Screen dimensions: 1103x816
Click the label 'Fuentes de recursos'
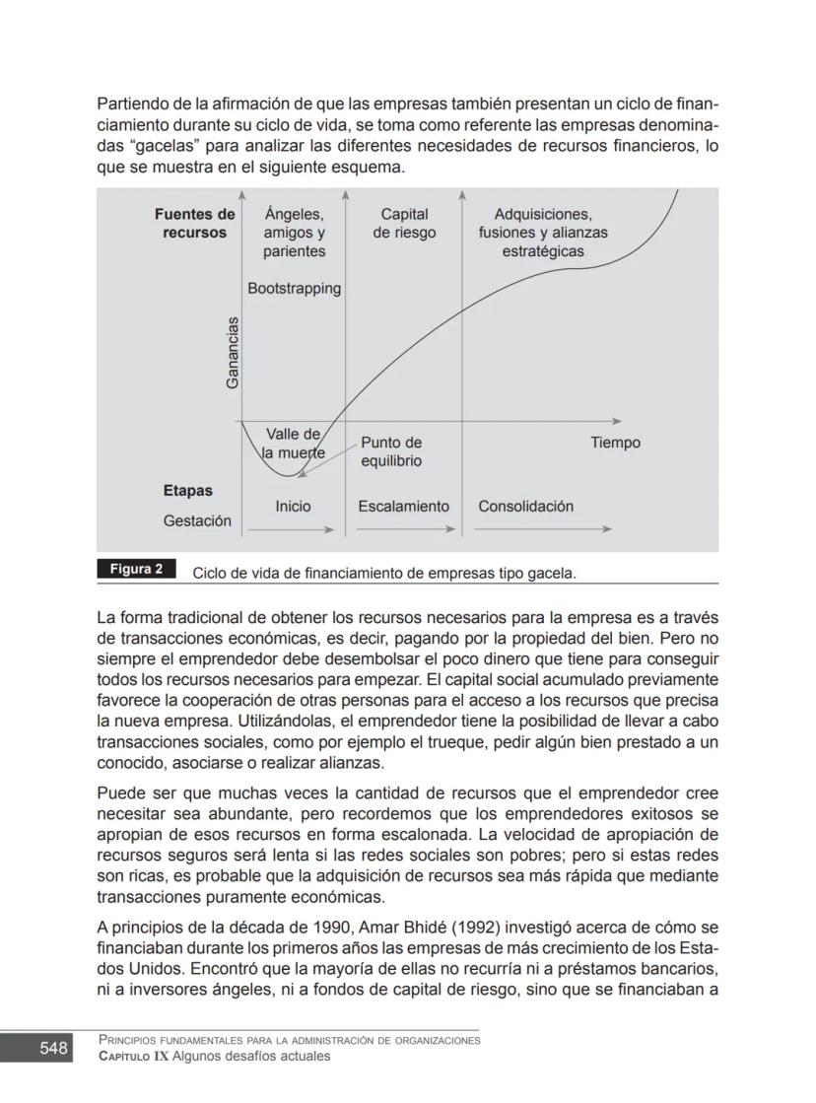tap(195, 224)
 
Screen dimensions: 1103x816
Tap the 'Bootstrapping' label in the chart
tap(294, 289)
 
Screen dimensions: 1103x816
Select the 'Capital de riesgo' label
tap(404, 224)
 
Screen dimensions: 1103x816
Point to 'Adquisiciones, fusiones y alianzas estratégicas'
tap(543, 233)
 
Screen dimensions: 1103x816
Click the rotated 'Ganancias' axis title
tap(233, 352)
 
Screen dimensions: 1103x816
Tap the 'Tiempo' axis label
tap(615, 443)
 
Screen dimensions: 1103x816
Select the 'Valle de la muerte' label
tap(293, 444)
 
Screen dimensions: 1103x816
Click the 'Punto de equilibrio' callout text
tap(391, 451)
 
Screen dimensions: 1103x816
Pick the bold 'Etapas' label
tap(187, 490)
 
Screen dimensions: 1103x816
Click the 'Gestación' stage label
tap(197, 520)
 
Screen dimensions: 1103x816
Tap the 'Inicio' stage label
tap(293, 506)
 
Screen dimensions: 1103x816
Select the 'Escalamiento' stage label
tap(403, 506)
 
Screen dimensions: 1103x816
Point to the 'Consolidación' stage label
tap(525, 506)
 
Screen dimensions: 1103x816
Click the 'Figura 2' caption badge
tap(136, 570)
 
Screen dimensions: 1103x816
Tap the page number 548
tap(54, 1048)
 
